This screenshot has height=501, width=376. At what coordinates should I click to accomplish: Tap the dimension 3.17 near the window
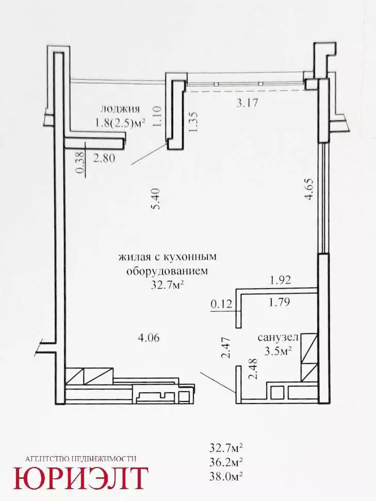[247, 103]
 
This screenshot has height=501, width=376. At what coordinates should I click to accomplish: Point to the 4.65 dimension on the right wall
[309, 189]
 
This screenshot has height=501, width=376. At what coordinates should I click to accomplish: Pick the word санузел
[278, 338]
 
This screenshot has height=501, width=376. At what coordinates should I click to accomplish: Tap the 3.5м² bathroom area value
[278, 351]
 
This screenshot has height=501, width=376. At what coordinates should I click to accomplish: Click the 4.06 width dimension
[148, 338]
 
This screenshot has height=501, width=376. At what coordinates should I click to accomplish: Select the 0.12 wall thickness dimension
[221, 304]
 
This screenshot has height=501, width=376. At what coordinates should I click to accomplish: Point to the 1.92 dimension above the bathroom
[281, 280]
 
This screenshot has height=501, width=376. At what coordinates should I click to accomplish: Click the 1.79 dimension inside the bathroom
[280, 302]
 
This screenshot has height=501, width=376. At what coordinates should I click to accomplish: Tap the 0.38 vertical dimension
[81, 162]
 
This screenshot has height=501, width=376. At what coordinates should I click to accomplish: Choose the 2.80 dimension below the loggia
[104, 158]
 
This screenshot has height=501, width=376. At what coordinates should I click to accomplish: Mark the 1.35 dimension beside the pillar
[194, 122]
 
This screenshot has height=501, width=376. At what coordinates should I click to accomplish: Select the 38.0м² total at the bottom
[226, 476]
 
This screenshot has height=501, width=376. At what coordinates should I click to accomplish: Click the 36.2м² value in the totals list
[226, 462]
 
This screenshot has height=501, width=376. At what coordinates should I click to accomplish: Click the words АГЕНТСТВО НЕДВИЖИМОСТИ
[80, 459]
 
